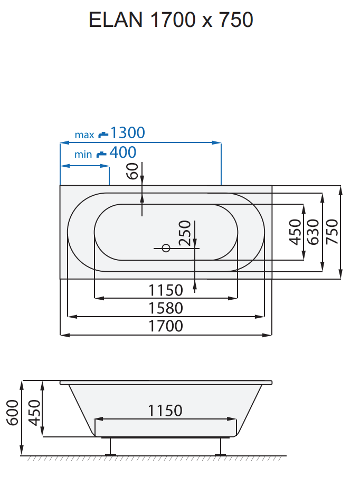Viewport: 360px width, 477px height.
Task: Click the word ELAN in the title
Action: tap(116, 20)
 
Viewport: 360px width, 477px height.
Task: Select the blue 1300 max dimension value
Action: tap(127, 133)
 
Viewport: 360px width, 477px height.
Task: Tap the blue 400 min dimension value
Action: tap(122, 153)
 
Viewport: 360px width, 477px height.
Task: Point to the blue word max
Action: tap(84, 135)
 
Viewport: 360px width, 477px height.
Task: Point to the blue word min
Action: tap(83, 155)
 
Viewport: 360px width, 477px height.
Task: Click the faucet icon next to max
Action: tap(102, 134)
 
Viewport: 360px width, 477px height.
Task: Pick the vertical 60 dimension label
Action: tap(132, 171)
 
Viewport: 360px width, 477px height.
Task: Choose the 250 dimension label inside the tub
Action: tap(184, 233)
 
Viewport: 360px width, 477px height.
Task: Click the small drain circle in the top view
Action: tap(166, 247)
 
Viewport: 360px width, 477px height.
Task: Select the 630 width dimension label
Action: tap(313, 232)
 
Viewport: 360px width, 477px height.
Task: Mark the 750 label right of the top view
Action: tap(332, 232)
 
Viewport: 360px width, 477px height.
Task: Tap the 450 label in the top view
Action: tap(295, 232)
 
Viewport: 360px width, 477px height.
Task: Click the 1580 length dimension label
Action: tap(166, 308)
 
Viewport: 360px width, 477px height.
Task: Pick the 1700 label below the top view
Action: tap(166, 326)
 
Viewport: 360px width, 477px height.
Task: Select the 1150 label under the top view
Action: tap(166, 290)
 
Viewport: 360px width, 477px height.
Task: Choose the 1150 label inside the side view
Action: tap(165, 411)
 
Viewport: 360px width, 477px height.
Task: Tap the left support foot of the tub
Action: tap(111, 447)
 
